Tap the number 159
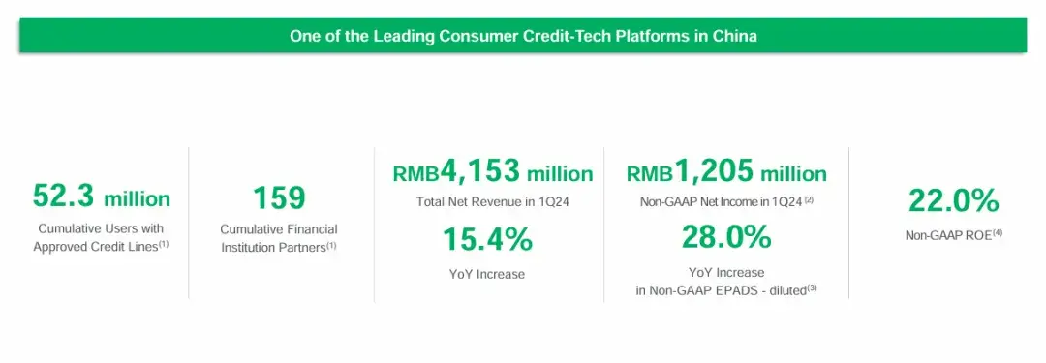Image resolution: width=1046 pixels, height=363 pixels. click(279, 198)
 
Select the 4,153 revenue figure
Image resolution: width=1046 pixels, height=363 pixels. click(479, 171)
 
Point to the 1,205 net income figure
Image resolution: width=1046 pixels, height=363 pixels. click(715, 171)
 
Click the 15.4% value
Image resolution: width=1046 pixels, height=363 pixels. click(487, 239)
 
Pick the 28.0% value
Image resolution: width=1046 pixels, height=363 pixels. click(725, 236)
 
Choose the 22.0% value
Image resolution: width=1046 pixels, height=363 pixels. click(953, 200)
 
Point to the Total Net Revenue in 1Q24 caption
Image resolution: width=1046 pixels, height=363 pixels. click(492, 201)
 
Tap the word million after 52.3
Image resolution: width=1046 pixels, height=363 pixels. click(137, 198)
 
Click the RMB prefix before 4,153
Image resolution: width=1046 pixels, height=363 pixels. click(415, 174)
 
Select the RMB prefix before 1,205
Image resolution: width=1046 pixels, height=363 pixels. click(650, 174)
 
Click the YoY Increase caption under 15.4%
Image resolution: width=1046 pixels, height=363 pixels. click(487, 274)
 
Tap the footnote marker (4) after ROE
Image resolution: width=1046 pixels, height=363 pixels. click(997, 232)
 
